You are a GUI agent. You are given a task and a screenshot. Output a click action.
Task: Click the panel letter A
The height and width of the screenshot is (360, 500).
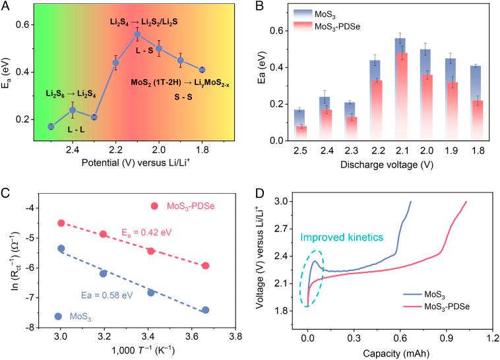[x=5, y=6]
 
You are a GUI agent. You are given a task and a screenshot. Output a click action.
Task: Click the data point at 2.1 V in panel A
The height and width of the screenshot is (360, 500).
[x=137, y=34]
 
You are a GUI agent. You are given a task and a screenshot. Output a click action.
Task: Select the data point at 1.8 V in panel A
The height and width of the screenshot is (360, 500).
[x=202, y=69]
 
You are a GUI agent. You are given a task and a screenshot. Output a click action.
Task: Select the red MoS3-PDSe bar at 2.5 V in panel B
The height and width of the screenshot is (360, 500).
[x=283, y=133]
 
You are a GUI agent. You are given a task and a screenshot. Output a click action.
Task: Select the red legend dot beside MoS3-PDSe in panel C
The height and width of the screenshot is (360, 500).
[x=154, y=206]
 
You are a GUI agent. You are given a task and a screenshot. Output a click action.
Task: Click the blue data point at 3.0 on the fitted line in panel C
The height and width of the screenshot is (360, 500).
[x=61, y=249]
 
